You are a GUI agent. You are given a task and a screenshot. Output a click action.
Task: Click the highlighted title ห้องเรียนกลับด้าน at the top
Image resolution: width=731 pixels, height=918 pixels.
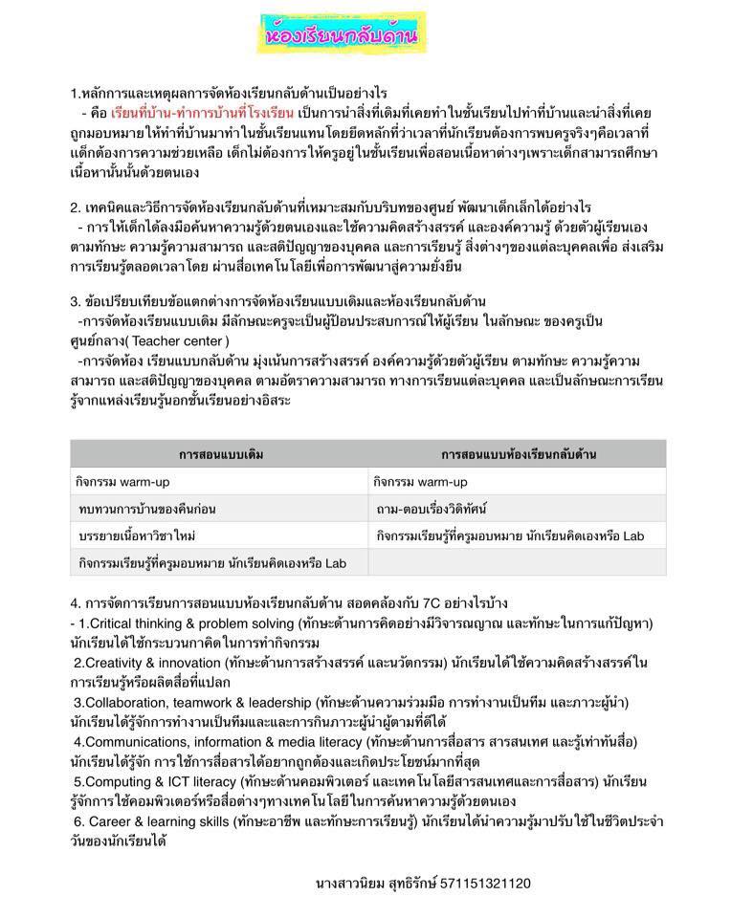coord(339,36)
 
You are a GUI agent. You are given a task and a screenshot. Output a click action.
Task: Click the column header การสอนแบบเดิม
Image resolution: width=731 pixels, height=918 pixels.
coord(220,453)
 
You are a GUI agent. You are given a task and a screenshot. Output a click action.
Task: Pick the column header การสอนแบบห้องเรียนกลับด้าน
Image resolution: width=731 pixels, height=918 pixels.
coord(518,453)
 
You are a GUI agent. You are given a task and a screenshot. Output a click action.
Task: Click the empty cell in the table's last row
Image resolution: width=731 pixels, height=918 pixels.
coord(518,563)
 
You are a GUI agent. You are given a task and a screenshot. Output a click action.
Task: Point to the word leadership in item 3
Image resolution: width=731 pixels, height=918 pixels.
coord(276,703)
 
